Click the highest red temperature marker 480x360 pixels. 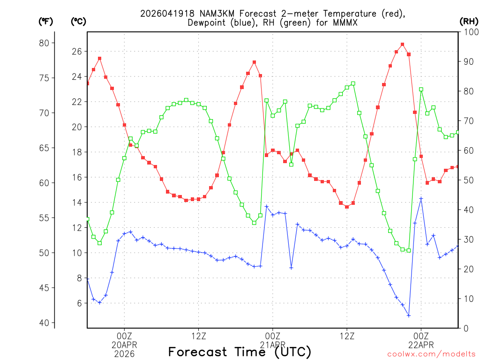click(403, 45)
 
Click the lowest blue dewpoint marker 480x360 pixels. click(409, 315)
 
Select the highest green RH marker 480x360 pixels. click(353, 83)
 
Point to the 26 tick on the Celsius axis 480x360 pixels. click(77, 51)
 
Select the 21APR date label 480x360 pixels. click(272, 345)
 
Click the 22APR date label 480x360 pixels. click(421, 345)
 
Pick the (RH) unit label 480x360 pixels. click(469, 21)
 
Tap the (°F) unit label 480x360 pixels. click(46, 21)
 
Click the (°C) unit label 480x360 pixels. click(78, 21)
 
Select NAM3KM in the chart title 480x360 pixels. click(208, 14)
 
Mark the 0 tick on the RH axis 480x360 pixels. click(465, 328)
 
